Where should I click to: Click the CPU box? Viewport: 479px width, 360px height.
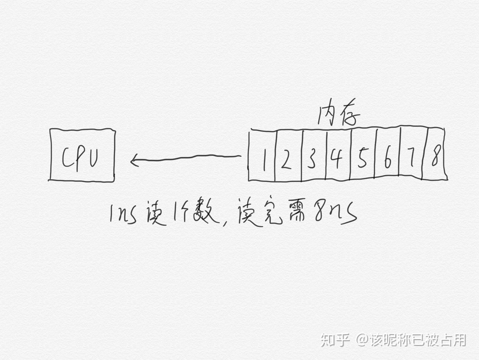pos(82,155)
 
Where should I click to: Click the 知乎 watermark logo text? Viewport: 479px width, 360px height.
pos(335,340)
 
